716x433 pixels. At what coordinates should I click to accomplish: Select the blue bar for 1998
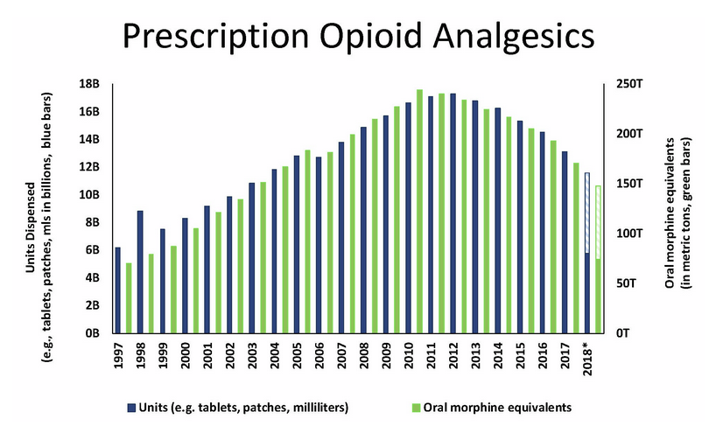coord(140,271)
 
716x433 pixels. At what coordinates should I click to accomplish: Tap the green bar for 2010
coord(420,211)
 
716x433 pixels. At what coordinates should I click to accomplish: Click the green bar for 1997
coord(129,297)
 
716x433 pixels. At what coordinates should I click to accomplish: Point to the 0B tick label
coord(94,333)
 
